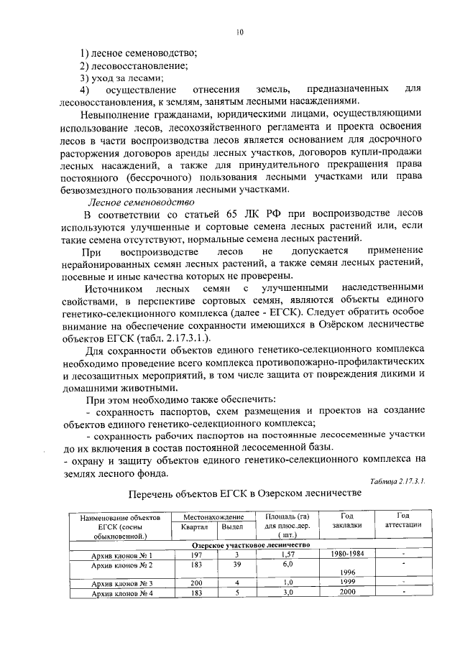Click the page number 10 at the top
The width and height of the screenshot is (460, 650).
240,32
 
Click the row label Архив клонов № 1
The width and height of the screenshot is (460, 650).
117,555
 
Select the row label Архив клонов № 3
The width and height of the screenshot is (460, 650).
117,582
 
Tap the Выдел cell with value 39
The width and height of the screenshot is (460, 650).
236,565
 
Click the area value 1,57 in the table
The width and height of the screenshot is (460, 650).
287,555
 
